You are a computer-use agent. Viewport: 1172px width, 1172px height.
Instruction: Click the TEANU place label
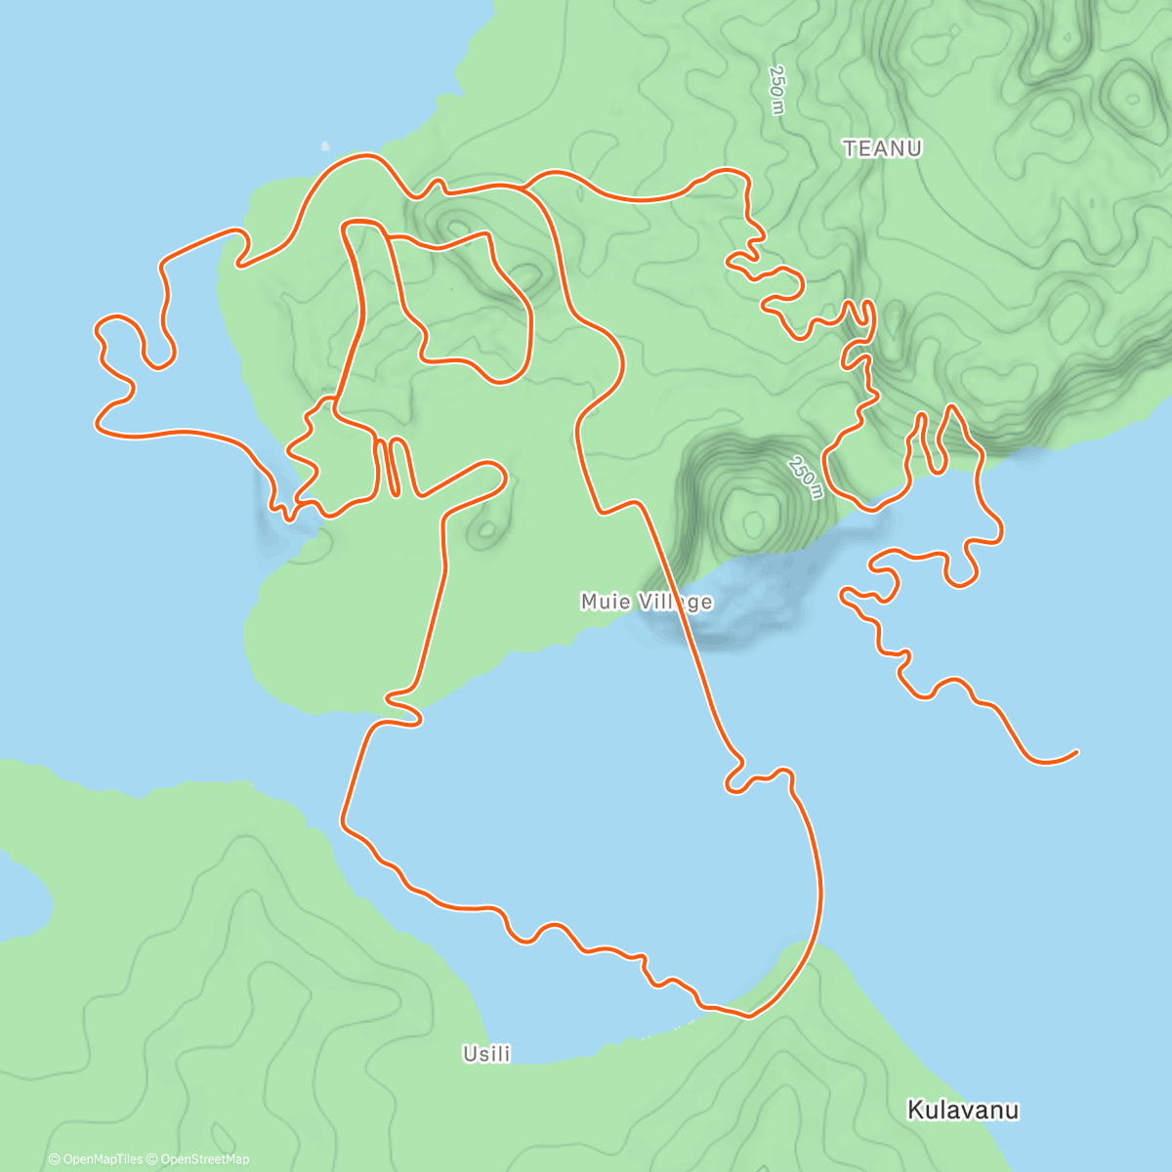[882, 148]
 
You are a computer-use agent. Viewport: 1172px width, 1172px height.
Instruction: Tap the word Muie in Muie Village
[605, 602]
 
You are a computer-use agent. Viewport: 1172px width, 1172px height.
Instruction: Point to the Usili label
[486, 1054]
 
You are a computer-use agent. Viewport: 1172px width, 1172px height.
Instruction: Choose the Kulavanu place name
[963, 1109]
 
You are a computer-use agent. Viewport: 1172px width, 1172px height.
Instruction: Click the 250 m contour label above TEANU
[776, 90]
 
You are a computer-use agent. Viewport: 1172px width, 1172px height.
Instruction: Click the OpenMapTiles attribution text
[102, 1159]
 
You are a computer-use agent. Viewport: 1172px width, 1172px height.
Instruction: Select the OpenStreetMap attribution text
[203, 1159]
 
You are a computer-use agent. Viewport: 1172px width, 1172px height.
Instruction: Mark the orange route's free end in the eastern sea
[1075, 751]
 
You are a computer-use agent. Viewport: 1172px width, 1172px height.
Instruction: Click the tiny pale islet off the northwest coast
[325, 146]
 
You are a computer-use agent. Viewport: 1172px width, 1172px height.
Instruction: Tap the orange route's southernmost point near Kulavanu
[747, 1016]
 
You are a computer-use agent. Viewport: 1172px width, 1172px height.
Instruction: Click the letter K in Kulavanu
[915, 1109]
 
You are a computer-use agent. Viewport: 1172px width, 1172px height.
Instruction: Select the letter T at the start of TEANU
[849, 148]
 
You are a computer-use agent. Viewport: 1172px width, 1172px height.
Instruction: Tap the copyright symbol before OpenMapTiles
[54, 1159]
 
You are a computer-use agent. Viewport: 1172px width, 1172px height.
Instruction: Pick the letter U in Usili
[468, 1054]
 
